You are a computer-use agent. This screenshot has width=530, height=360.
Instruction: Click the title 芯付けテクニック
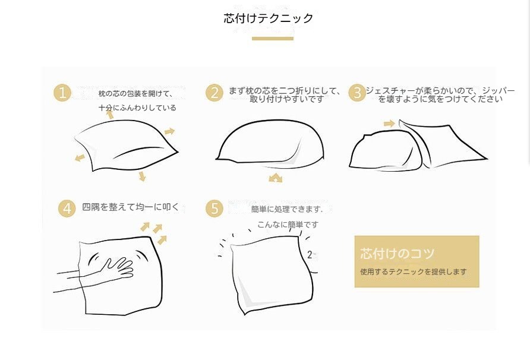[269, 18]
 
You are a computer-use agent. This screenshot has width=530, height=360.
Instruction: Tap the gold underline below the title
[273, 39]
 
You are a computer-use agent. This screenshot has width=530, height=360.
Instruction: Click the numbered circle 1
[62, 93]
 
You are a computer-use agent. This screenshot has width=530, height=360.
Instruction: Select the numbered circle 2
[214, 93]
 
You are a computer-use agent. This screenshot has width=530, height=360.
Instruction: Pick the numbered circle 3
[357, 93]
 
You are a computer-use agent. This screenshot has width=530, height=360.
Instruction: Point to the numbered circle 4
[67, 209]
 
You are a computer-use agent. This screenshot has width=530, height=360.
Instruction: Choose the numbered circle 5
[214, 209]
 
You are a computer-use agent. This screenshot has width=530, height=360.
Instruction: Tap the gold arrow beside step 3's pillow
[389, 124]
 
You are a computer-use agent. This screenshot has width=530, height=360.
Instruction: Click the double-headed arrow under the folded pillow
[276, 178]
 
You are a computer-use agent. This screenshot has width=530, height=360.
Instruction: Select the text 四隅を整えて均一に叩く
[131, 207]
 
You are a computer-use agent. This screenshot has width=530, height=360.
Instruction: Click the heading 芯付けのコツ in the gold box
[397, 253]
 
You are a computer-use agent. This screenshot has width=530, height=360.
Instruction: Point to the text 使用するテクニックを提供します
[413, 271]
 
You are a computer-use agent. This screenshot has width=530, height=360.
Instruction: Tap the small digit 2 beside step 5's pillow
[310, 254]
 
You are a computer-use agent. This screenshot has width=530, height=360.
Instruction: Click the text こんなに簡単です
[288, 225]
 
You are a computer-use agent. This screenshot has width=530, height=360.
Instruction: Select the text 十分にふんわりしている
[137, 108]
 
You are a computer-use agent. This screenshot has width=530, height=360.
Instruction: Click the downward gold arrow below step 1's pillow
[142, 176]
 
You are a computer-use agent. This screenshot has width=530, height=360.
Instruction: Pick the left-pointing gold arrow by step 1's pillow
[80, 157]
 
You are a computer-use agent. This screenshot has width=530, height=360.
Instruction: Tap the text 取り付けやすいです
[286, 99]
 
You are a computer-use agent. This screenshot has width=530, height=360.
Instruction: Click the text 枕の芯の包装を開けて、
[135, 94]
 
